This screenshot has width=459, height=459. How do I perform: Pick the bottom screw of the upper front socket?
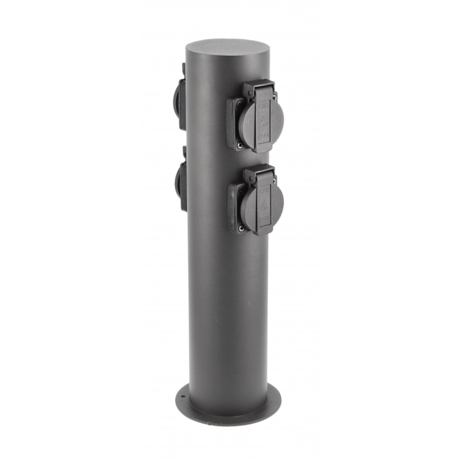[240, 146]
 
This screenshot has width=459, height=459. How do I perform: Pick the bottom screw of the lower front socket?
[241, 228]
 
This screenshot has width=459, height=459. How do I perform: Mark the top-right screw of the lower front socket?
[274, 181]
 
